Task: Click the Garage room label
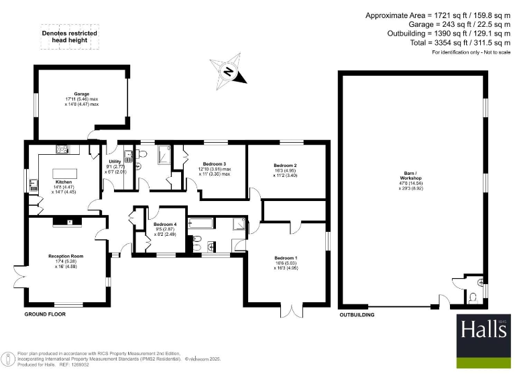pos(82,94)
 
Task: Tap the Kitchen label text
pos(64,181)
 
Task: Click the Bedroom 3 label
pos(214,164)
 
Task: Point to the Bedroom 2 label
pos(285,166)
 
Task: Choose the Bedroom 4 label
pos(164,224)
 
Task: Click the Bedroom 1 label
pos(286,258)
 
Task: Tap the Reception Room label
pos(65,256)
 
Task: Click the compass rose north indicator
pos(228,72)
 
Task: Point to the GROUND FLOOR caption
pos(45,314)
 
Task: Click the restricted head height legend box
pos(69,37)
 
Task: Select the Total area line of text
pos(443,43)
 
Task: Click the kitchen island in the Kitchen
pos(65,164)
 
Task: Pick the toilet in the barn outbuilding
pos(475,295)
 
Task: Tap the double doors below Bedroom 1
pos(290,310)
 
